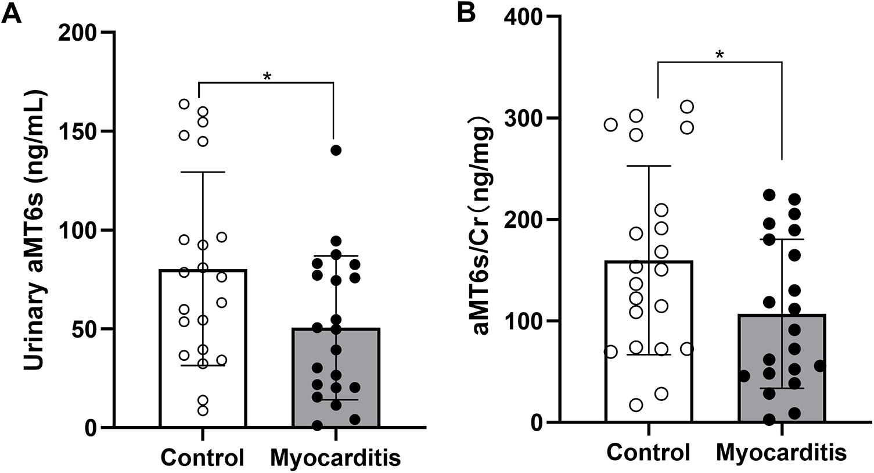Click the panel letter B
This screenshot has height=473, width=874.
(x=466, y=13)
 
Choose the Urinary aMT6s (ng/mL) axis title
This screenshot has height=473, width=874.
(x=35, y=230)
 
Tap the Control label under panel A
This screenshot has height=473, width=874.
(x=202, y=458)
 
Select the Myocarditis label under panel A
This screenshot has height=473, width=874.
(x=336, y=458)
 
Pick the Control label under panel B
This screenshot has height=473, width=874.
(x=649, y=452)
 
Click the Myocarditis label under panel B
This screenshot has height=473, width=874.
(x=782, y=452)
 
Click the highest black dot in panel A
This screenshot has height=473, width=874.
(x=336, y=150)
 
